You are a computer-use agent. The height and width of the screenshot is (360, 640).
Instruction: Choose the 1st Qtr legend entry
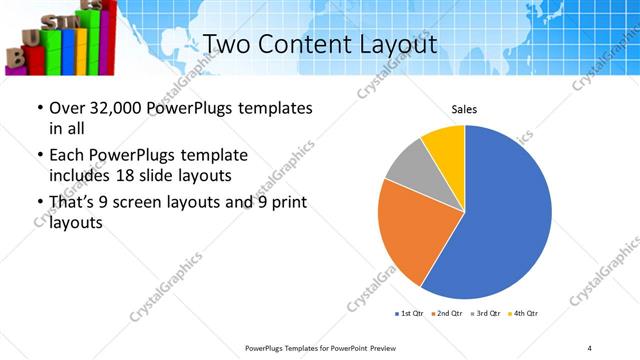411,314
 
